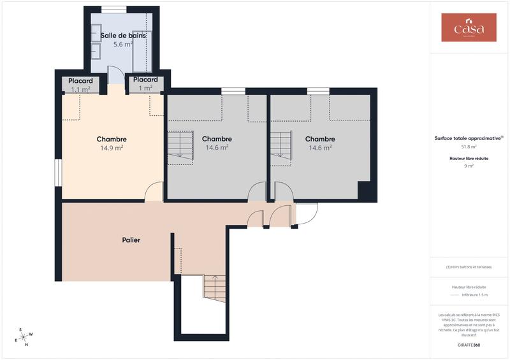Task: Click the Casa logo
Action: pos(469,27)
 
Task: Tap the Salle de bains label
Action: pos(123,36)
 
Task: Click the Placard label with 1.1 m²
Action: pos(80,81)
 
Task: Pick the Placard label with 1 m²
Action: pos(145,80)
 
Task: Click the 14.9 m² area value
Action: pos(111,148)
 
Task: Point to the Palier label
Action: pos(131,240)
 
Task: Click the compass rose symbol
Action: pos(24,337)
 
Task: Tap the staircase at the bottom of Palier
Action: pos(214,289)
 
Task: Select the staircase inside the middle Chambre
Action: pos(180,147)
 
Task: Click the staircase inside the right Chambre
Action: pos(280,147)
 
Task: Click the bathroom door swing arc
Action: pos(115,75)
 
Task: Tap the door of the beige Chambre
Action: pos(154,192)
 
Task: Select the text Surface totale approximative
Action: pos(469,138)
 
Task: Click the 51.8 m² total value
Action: pos(469,147)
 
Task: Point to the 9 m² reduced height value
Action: pos(469,166)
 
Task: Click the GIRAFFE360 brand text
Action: pos(469,344)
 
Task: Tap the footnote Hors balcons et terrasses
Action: pos(469,267)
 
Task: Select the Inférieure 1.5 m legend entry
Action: pos(474,295)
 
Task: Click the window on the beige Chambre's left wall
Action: pos(58,173)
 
